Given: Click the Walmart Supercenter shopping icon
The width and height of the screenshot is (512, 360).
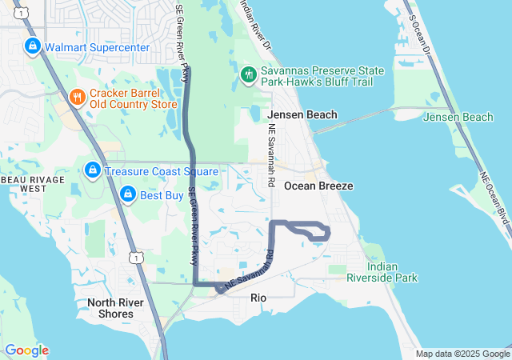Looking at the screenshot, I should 32,46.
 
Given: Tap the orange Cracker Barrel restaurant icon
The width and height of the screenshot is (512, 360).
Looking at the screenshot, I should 77,98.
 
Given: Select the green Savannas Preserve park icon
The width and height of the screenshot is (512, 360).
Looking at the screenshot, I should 249,75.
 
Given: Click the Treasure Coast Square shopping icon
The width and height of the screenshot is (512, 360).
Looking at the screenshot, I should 93,170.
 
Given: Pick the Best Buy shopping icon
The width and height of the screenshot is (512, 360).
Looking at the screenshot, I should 127,194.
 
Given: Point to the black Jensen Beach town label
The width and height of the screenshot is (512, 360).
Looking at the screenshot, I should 302,115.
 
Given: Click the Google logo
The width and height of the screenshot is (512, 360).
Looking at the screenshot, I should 26,350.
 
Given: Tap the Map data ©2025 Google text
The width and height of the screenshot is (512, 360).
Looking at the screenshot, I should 462,354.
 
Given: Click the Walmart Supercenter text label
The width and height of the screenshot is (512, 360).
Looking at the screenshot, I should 97,47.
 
